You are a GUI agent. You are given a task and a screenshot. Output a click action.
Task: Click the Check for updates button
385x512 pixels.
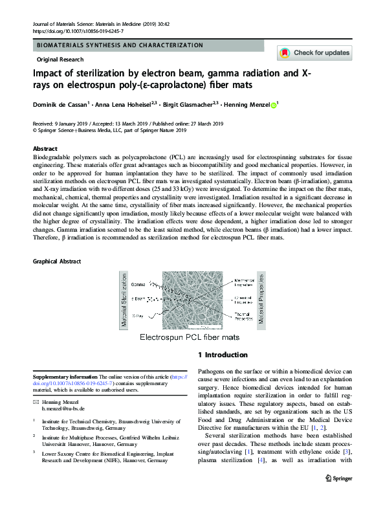[314, 53]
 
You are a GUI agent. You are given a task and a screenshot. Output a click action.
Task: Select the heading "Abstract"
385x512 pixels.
[45, 149]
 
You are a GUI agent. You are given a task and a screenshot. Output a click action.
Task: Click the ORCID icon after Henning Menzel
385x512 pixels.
[273, 105]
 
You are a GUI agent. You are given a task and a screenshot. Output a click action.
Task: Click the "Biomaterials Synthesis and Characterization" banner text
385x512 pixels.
[120, 45]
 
